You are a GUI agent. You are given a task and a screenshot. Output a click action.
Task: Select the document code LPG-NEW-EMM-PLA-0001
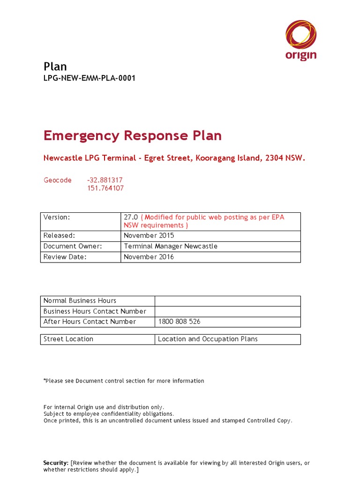pos(89,78)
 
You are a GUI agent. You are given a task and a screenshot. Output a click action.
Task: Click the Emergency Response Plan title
pos(132,136)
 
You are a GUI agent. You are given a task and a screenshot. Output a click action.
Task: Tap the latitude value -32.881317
pos(105,180)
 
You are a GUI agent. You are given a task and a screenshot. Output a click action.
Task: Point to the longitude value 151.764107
pos(105,188)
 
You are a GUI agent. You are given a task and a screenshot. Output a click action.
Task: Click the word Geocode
pos(58,180)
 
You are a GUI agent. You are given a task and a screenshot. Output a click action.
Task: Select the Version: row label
pos(57,217)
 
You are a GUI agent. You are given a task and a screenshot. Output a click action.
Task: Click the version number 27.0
pos(131,217)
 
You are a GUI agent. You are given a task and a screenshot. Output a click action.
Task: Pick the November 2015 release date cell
pos(149,236)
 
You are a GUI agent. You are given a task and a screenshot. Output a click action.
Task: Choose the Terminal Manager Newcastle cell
pos(171,246)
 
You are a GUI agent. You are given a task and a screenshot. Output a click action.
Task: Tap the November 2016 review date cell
pos(149,257)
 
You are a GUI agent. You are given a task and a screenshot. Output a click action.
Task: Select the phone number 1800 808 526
pos(179,322)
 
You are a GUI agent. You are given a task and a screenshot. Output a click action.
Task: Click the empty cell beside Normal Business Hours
pos(227,301)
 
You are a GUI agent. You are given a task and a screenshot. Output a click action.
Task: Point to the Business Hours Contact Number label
pos(95,311)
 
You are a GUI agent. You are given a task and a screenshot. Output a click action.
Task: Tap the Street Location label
pos(68,339)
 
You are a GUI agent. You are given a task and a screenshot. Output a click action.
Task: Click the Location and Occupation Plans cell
pos(208,339)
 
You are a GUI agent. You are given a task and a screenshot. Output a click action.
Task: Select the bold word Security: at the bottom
pos(56,463)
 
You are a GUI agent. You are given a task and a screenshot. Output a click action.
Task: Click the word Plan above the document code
pos(55,66)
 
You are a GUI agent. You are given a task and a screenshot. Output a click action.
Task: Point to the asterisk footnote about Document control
pos(124,381)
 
